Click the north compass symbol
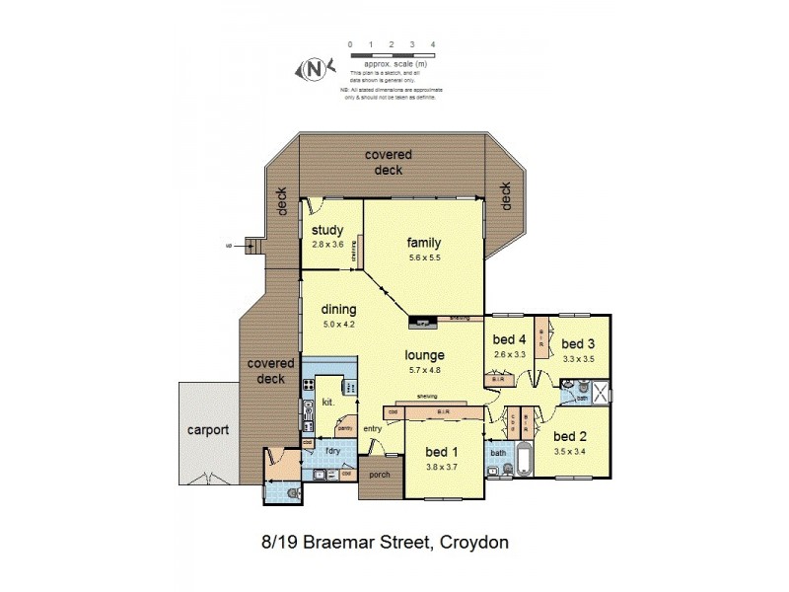(x=315, y=69)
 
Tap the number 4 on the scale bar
(x=434, y=45)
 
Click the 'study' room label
(x=326, y=231)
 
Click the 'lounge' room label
(x=424, y=354)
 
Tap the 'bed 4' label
(x=509, y=340)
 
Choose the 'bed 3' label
(x=579, y=342)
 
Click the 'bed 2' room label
(x=571, y=435)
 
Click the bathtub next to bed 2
(x=524, y=461)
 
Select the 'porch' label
(x=380, y=475)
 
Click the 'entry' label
(x=372, y=427)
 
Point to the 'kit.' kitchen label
(x=329, y=404)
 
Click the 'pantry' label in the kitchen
(x=345, y=428)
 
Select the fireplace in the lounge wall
(x=421, y=321)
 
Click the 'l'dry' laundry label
(x=332, y=451)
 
